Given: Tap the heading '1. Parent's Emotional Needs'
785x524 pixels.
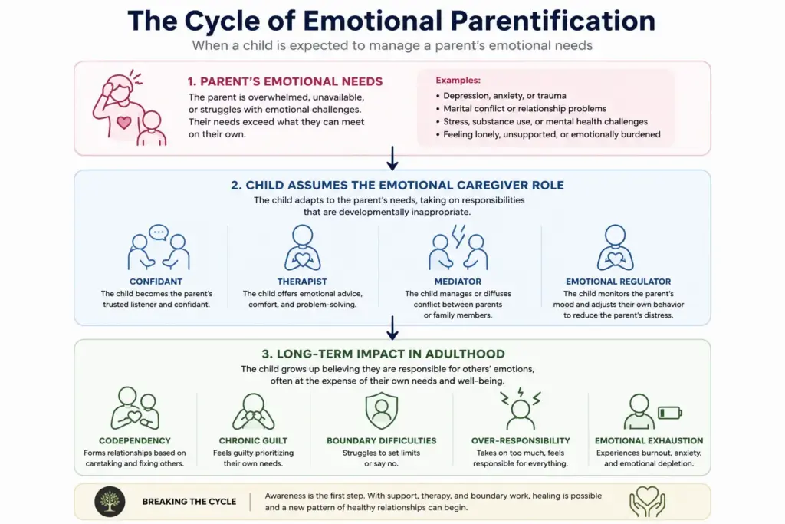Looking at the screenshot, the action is [x=285, y=81].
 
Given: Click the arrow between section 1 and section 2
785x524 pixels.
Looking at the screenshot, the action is [x=392, y=158].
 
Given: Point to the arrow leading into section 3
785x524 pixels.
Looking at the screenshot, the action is [x=392, y=328].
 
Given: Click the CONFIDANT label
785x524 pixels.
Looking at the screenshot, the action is [x=156, y=282].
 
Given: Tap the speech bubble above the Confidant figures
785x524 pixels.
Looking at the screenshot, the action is [x=159, y=232].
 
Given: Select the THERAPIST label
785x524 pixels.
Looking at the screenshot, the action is [x=302, y=282].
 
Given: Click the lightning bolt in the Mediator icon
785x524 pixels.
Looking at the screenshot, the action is [x=458, y=236].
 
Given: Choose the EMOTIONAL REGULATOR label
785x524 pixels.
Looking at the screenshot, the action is [x=619, y=282].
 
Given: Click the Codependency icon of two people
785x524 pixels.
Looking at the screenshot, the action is [x=135, y=408].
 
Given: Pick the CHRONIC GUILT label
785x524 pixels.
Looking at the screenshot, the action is [x=253, y=441].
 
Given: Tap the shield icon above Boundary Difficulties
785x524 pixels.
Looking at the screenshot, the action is [x=382, y=410].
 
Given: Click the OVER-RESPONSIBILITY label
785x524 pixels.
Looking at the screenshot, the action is [x=521, y=441].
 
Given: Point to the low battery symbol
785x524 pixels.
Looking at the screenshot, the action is [x=669, y=413].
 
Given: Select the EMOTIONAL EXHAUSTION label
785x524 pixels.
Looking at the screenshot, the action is [x=649, y=441].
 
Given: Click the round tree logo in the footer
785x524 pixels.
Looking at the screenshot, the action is [x=110, y=502].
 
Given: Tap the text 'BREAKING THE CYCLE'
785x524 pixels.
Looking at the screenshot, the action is [x=189, y=502].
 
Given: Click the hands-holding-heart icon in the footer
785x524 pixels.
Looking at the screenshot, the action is [x=647, y=502].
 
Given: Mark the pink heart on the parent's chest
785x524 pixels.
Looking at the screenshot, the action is [x=123, y=122].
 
